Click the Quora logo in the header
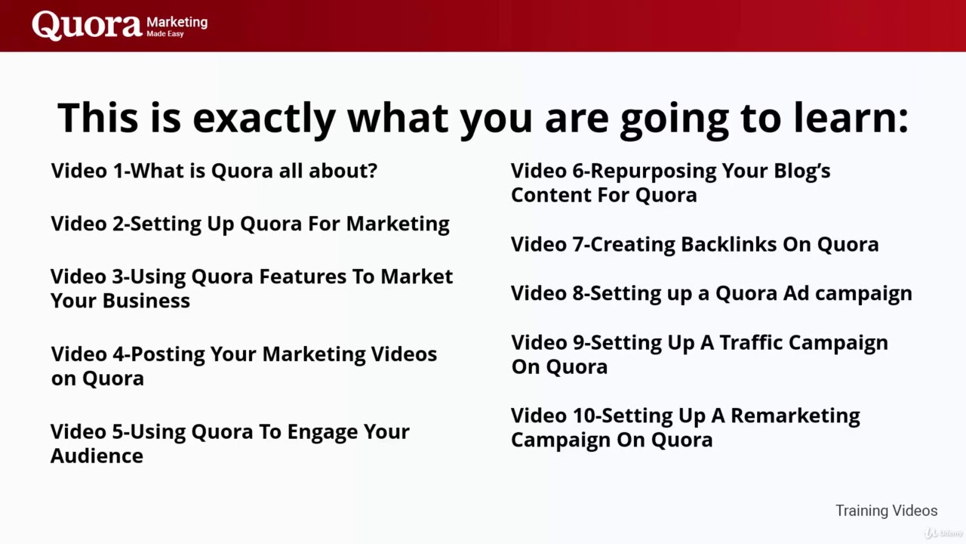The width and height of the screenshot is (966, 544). click(86, 25)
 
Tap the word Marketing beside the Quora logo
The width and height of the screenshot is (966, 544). click(177, 22)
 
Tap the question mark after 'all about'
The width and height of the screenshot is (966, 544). click(371, 171)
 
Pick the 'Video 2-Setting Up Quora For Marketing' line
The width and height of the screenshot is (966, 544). click(250, 224)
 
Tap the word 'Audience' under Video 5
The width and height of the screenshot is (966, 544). click(97, 456)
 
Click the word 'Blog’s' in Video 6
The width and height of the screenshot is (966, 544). click(800, 171)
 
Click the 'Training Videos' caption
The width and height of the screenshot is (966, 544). click(886, 511)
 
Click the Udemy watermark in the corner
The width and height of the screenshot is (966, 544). click(943, 533)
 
